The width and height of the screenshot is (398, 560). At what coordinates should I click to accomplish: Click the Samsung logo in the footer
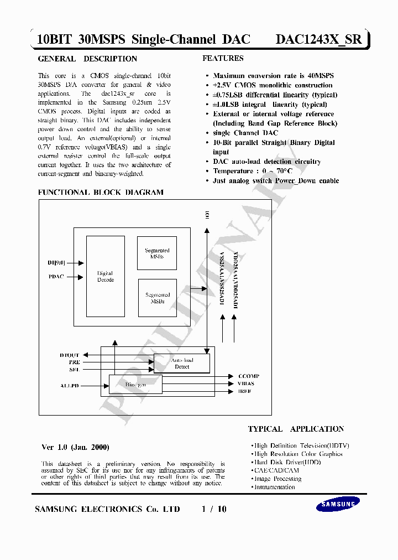click(337, 504)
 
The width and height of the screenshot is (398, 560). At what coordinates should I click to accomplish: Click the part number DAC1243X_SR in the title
click(318, 39)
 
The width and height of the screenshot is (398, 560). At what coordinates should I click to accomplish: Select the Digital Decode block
click(105, 276)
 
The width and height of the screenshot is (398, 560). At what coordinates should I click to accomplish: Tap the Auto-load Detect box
click(182, 363)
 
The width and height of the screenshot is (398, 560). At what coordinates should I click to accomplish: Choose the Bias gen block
click(135, 383)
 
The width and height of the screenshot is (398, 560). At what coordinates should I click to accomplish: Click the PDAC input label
click(56, 276)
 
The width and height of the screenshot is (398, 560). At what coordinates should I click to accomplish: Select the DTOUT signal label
click(69, 355)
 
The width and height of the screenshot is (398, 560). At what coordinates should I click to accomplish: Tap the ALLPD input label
click(69, 385)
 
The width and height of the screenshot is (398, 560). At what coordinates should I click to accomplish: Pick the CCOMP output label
click(248, 376)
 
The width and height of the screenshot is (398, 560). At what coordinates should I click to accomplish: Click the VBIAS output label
click(246, 383)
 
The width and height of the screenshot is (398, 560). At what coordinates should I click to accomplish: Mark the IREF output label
click(244, 391)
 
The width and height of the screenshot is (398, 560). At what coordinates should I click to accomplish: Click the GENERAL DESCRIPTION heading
click(87, 59)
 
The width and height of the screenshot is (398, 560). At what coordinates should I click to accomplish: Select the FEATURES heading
click(223, 58)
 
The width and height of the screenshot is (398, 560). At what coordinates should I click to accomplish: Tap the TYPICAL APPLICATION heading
click(296, 429)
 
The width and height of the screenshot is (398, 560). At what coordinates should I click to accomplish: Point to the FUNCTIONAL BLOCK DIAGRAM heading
click(101, 193)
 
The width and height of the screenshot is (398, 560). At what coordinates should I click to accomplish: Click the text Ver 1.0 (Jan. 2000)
click(76, 447)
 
